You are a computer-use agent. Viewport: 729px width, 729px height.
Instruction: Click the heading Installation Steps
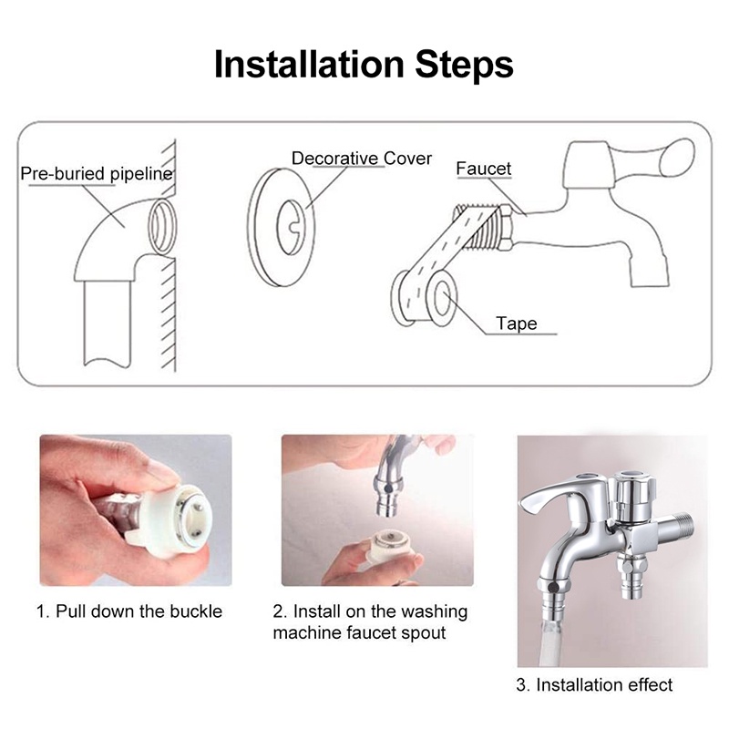(364, 65)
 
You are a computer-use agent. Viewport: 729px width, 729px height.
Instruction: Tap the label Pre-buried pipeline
(97, 174)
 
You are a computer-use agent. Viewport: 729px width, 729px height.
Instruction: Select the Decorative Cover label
(362, 158)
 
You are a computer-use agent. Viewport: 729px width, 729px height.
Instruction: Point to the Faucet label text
(484, 169)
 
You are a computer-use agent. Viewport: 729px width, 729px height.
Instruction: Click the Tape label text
(517, 323)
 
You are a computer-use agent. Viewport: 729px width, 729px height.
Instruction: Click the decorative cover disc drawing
(282, 227)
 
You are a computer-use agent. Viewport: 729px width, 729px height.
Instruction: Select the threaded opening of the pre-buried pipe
(163, 226)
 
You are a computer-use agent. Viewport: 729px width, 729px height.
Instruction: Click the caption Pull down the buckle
(129, 611)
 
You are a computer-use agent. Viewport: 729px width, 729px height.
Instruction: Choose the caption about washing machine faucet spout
(370, 621)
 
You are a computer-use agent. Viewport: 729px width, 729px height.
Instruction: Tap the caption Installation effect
(594, 685)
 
